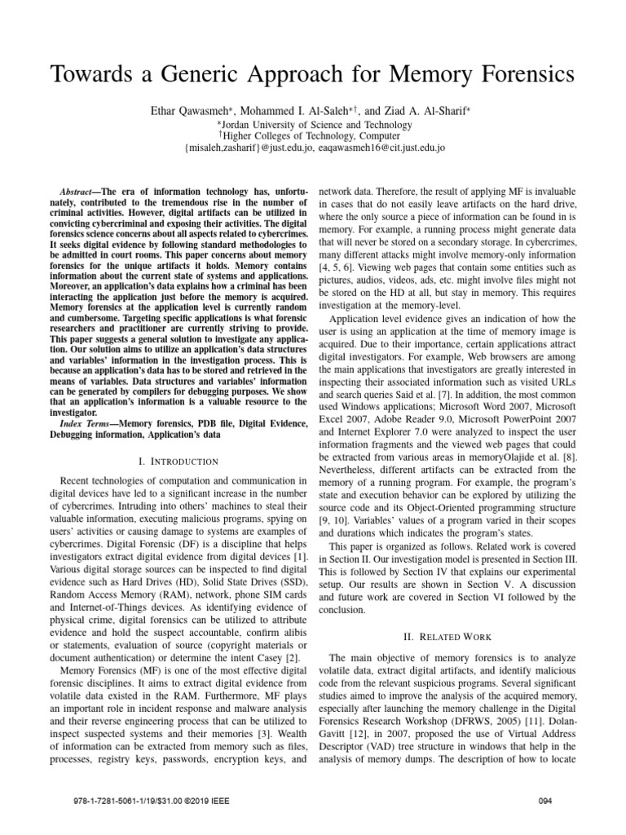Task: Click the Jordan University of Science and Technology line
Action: click(x=314, y=125)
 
